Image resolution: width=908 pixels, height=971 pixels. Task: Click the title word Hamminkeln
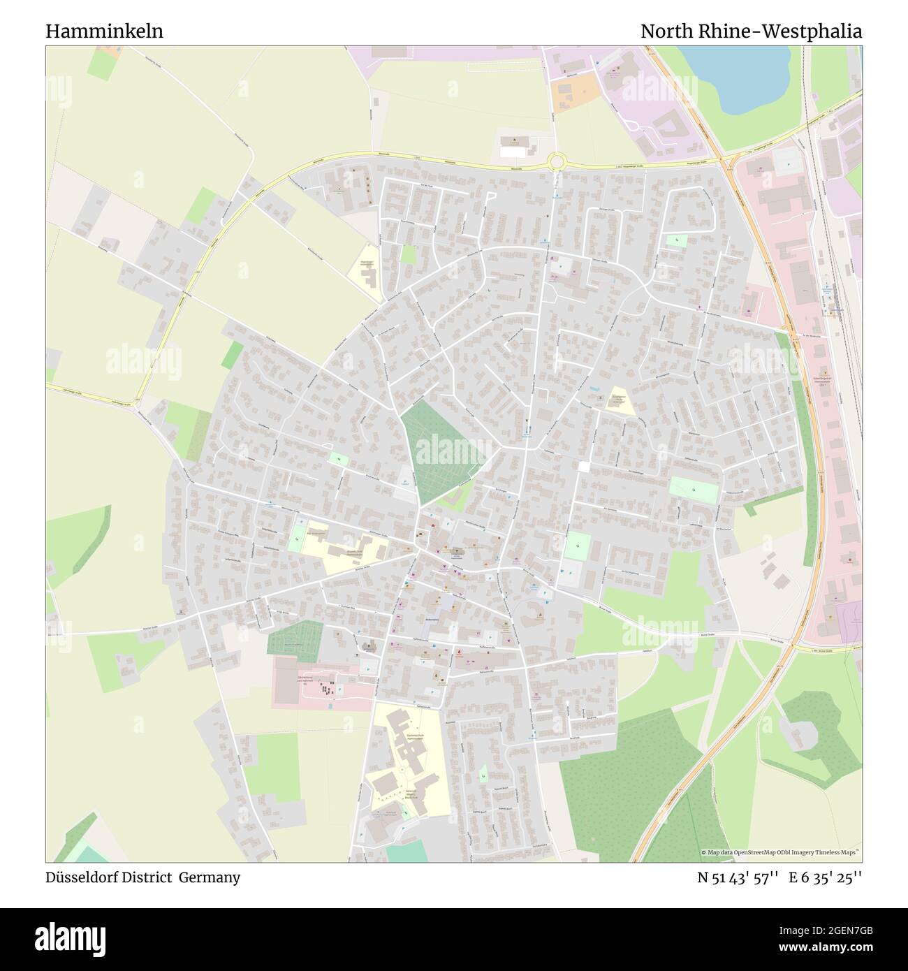pyautogui.click(x=105, y=31)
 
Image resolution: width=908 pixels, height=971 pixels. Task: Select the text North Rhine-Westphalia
pyautogui.click(x=751, y=31)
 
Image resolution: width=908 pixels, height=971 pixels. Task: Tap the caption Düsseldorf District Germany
pyautogui.click(x=143, y=877)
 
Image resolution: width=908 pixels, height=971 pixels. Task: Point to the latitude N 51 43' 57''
pyautogui.click(x=738, y=877)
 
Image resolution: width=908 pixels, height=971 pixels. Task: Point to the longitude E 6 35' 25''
pyautogui.click(x=826, y=877)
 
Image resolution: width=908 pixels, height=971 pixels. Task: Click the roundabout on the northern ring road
pyautogui.click(x=557, y=162)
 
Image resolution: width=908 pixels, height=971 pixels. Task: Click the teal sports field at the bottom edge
pyautogui.click(x=405, y=851)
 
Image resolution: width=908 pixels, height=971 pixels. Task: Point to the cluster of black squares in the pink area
pyautogui.click(x=325, y=689)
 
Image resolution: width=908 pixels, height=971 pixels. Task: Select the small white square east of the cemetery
pyautogui.click(x=584, y=466)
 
